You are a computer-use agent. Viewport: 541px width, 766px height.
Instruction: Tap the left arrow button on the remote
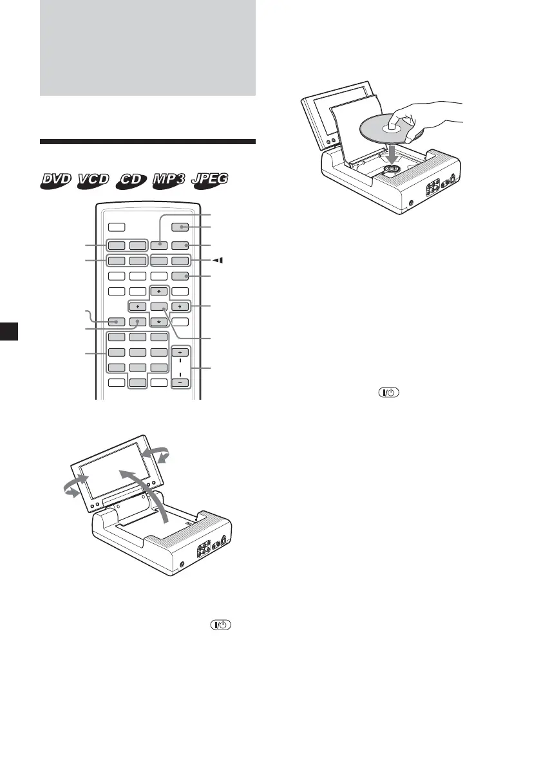137,306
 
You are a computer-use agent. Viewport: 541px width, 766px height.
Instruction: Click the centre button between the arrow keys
159,306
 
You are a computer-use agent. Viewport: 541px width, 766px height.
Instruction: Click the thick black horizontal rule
147,142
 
